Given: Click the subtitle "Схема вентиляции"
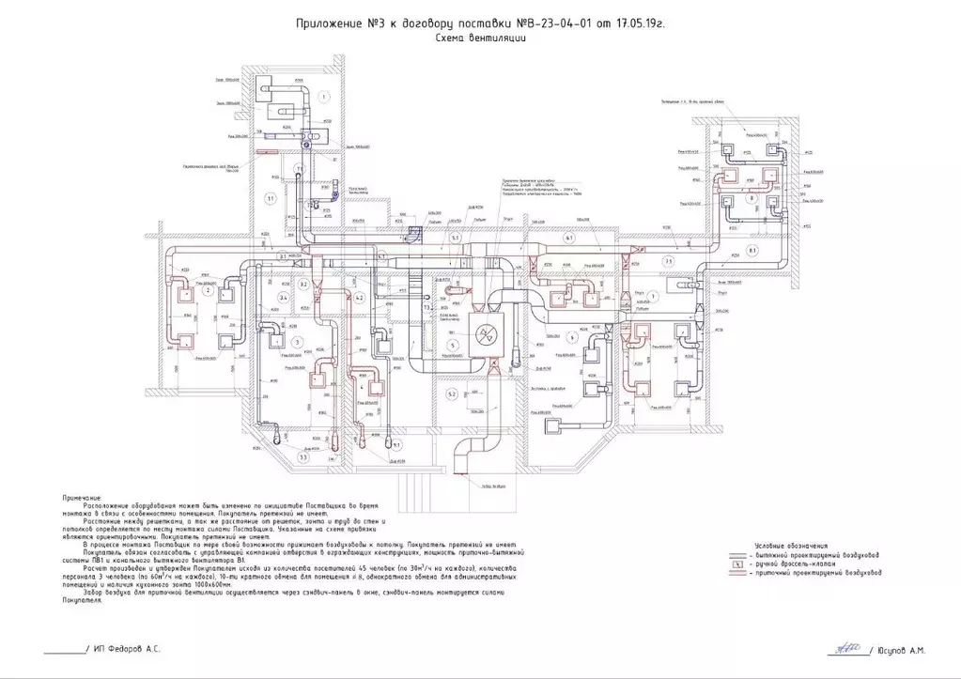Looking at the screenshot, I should point(479,39).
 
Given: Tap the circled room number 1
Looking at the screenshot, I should point(322,97).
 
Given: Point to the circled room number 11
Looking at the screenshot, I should point(270,198).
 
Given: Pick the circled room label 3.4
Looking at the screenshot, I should point(283,297).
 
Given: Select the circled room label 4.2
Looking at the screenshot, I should point(359,297).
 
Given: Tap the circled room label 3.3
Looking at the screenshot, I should point(303,457).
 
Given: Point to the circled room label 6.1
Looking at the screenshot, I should point(568,239).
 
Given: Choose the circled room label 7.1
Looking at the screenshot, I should point(669,260).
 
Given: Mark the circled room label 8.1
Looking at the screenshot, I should point(752,249).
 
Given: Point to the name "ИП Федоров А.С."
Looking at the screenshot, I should point(127,649).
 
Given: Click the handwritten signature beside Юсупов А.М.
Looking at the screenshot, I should point(844,646).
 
